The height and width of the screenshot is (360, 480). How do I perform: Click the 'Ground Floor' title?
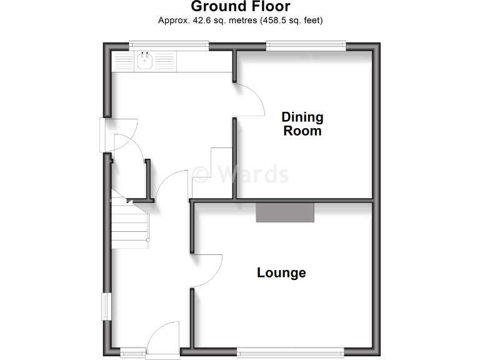pyautogui.click(x=240, y=7)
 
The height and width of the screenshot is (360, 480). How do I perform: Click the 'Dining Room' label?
pyautogui.click(x=302, y=124)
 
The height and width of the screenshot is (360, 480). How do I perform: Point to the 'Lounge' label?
pyautogui.click(x=282, y=273)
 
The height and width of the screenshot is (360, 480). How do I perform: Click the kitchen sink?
pyautogui.click(x=145, y=61)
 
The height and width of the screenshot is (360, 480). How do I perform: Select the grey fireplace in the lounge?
pyautogui.click(x=285, y=212)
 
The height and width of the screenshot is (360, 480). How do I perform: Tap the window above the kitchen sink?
pyautogui.click(x=169, y=44)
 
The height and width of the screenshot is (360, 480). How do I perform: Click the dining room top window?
pyautogui.click(x=306, y=44)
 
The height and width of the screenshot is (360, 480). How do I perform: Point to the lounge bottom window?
pyautogui.click(x=289, y=351)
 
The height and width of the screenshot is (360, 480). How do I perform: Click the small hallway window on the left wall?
pyautogui.click(x=106, y=307)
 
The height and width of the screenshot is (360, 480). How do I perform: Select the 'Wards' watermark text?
pyautogui.click(x=240, y=174)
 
